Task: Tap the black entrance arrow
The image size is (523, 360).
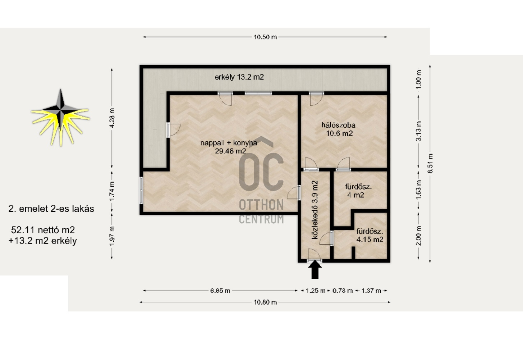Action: (315, 270)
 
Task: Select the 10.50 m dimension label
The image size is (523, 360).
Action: (265, 37)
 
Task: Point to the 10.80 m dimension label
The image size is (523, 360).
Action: (265, 302)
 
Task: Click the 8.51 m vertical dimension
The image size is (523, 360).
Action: (431, 163)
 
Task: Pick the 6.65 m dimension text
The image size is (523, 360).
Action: (220, 291)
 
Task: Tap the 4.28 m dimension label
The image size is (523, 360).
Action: (112, 118)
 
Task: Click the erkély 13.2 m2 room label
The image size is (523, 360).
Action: (239, 77)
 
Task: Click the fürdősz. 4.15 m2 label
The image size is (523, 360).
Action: (370, 235)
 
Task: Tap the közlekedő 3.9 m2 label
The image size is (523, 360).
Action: (315, 210)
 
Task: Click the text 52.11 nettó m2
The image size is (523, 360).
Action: (43, 230)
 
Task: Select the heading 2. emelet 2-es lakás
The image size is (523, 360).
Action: (51, 209)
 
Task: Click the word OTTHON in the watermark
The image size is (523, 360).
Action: (261, 205)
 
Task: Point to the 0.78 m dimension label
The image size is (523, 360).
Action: (343, 291)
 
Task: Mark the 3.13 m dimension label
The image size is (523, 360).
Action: (419, 131)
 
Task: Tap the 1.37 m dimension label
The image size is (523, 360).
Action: (371, 291)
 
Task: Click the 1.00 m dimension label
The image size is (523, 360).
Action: (419, 79)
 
